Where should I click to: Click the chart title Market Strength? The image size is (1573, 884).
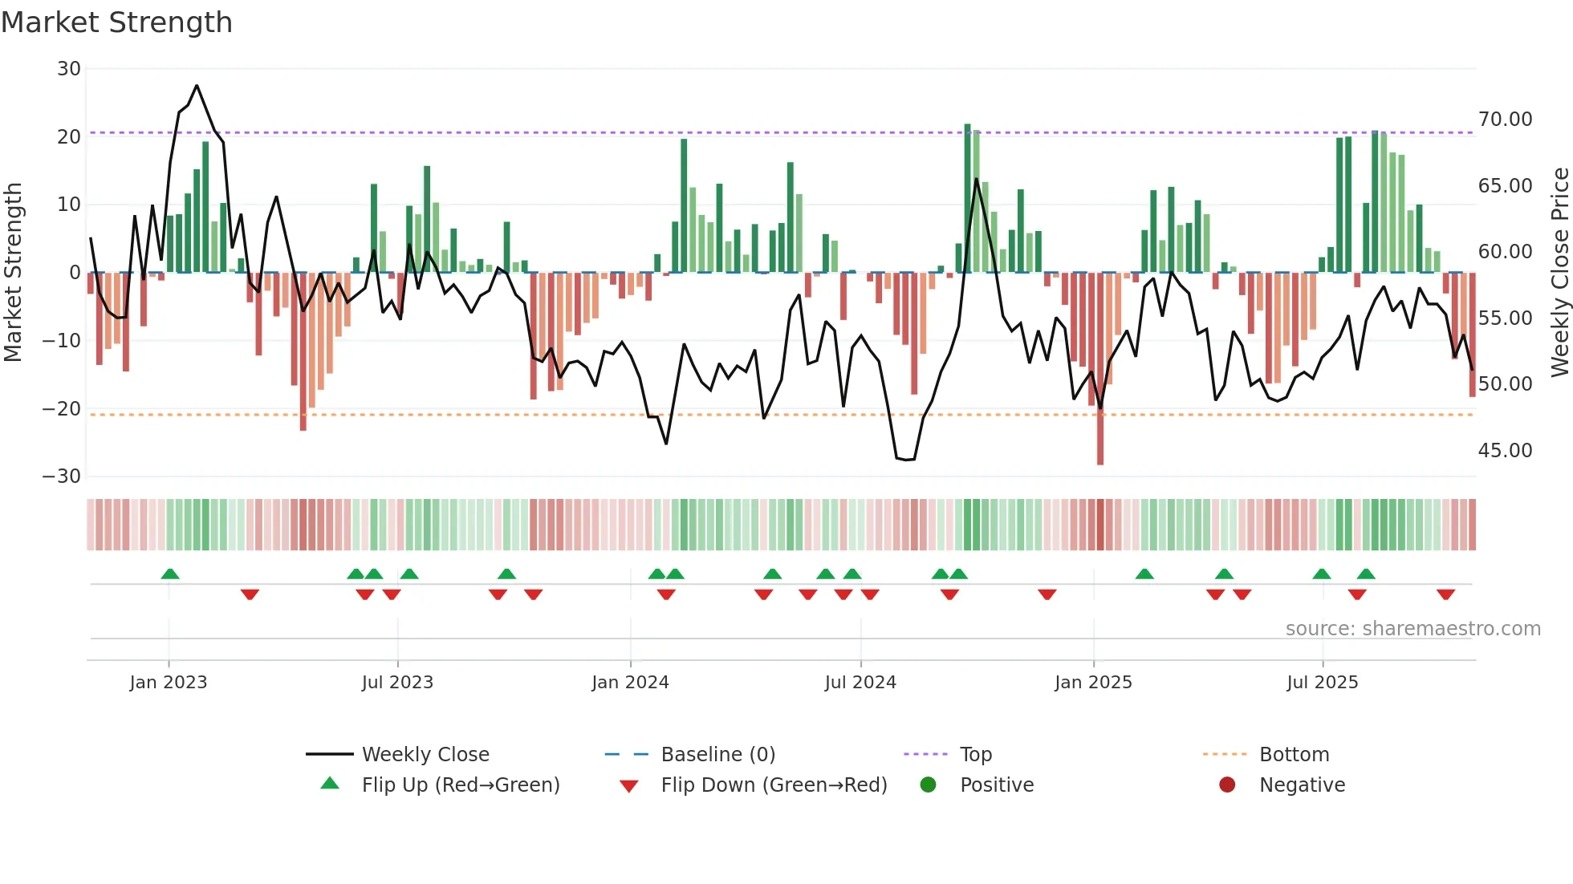tap(116, 22)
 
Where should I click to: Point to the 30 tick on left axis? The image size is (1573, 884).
tap(69, 69)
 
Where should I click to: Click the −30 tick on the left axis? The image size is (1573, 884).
tap(62, 476)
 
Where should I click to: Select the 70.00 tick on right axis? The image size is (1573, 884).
tap(1505, 120)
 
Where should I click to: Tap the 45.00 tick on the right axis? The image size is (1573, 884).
tap(1505, 451)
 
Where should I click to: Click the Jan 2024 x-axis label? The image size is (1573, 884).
tap(630, 683)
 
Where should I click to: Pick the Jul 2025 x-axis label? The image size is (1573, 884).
tap(1322, 683)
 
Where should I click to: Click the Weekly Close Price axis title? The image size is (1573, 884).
tap(1559, 273)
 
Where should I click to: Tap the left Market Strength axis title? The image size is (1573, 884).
tap(14, 273)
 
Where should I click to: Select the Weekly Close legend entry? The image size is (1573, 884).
tap(425, 755)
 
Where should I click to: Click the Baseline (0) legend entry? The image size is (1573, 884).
tap(717, 755)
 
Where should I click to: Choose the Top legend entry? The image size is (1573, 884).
tap(975, 755)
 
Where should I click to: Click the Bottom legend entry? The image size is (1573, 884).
tap(1294, 755)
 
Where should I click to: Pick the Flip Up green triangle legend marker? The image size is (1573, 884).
tap(330, 784)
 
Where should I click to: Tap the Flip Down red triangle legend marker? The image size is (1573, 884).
tap(629, 786)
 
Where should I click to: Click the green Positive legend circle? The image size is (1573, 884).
tap(928, 785)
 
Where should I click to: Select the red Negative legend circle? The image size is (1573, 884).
tap(1227, 785)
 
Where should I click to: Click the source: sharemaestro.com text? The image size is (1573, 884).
tap(1412, 629)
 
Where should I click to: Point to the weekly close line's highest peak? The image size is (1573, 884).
tap(197, 86)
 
